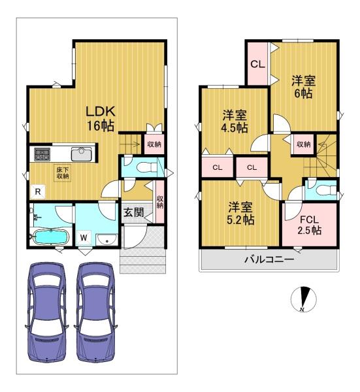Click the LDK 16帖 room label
tap(101, 119)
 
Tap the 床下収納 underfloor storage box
tap(63, 172)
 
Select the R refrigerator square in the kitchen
tap(38, 191)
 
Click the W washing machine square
tap(84, 238)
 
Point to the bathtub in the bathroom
tap(51, 237)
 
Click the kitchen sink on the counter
tap(81, 154)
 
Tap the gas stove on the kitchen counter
tap(42, 154)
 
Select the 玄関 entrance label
tap(134, 212)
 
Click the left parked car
tap(46, 312)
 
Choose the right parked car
tap(95, 312)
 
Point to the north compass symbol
tap(304, 299)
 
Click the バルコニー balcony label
tap(269, 259)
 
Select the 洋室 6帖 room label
tap(304, 87)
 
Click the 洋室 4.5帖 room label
tap(235, 122)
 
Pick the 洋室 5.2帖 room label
tap(240, 213)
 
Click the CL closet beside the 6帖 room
tap(258, 64)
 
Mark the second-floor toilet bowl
tap(326, 191)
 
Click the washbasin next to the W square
tap(106, 240)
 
